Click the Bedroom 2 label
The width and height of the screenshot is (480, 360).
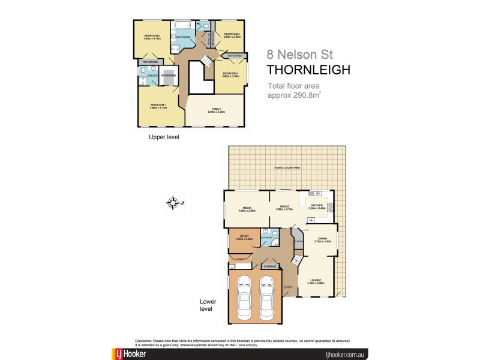[152, 36]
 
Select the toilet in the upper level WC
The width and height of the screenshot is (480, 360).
[205, 27]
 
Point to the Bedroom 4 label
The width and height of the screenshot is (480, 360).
[232, 34]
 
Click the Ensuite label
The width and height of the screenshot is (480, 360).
[153, 76]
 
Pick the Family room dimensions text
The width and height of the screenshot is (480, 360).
[217, 112]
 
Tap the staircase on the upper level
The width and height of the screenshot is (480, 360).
[205, 61]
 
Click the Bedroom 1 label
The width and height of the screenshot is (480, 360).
[158, 106]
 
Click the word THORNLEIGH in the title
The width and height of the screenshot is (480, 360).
[308, 70]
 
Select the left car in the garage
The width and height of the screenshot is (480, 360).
[244, 298]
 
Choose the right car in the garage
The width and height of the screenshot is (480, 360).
[268, 298]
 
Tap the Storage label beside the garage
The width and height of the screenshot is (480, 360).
[270, 265]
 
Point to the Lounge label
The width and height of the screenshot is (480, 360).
[316, 280]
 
